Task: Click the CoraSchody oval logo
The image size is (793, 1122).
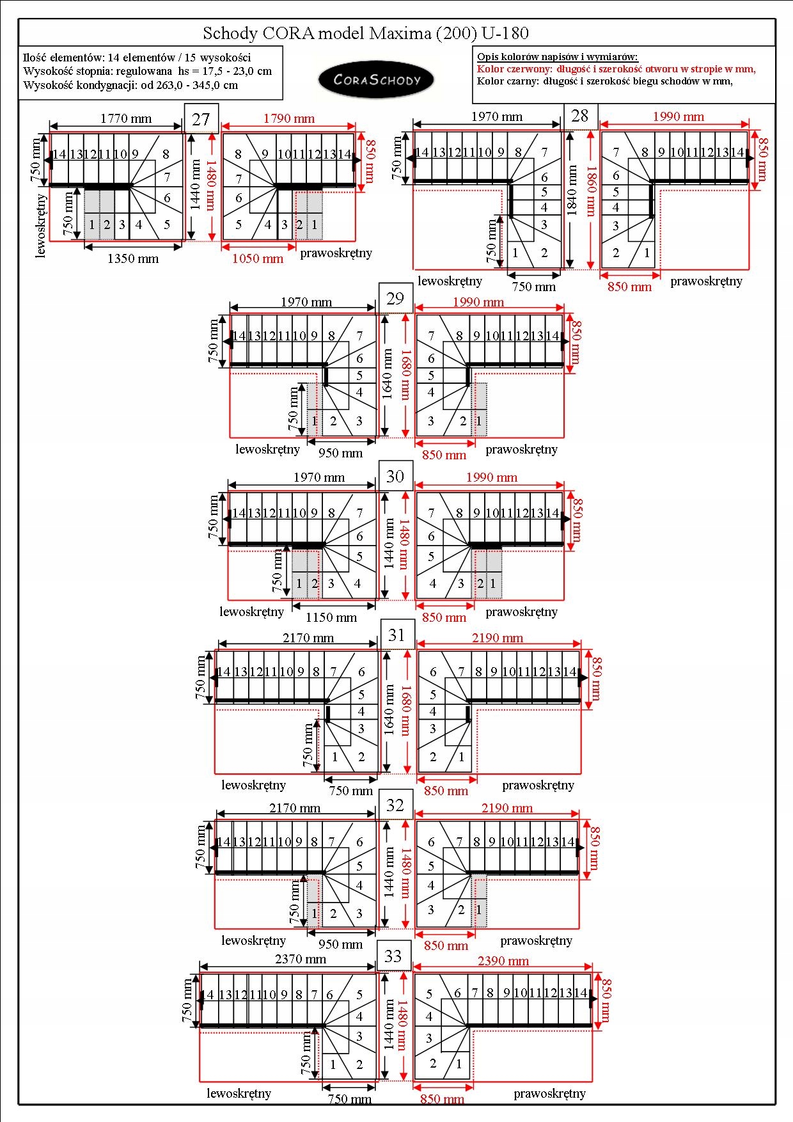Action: (377, 80)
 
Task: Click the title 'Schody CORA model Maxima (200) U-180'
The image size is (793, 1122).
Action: (366, 33)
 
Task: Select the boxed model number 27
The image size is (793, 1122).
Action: (201, 119)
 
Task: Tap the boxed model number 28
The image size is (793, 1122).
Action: (580, 116)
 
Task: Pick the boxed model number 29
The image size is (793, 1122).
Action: (395, 298)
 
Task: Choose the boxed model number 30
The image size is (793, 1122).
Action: (395, 476)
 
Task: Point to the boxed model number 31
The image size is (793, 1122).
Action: (397, 635)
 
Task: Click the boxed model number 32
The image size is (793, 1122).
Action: (395, 805)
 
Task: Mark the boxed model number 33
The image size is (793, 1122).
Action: (393, 956)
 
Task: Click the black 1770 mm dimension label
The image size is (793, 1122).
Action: (126, 118)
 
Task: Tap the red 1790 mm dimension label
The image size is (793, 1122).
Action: (289, 118)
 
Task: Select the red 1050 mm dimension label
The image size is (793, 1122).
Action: (258, 258)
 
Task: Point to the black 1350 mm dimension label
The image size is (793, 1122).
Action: (133, 258)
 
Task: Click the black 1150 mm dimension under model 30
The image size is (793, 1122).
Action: (331, 617)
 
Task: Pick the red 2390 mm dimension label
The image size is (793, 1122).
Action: (503, 961)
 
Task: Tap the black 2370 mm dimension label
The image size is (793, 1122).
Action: (301, 959)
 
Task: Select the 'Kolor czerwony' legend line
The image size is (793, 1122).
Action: (616, 69)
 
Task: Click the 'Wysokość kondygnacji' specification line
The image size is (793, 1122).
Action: (130, 85)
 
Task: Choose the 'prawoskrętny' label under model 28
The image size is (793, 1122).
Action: (706, 281)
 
